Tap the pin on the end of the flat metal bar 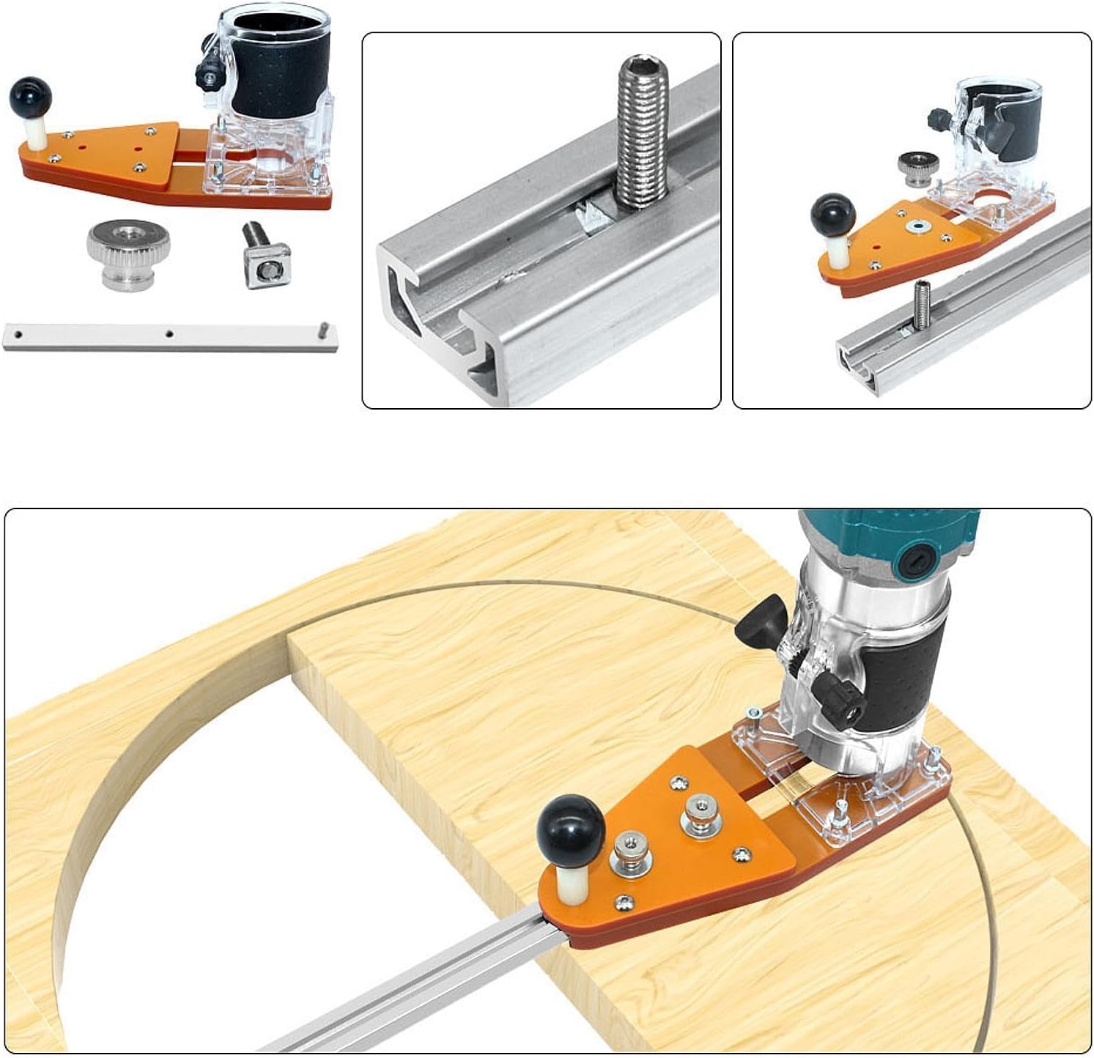pyautogui.click(x=323, y=328)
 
